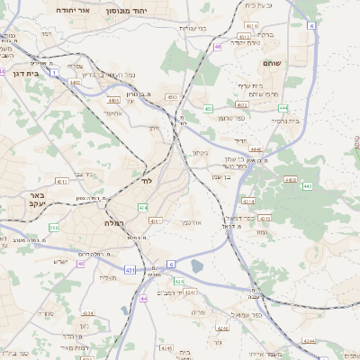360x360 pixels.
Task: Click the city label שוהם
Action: point(272,63)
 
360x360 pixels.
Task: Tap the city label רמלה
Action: point(106,220)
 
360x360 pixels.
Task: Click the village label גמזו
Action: point(261,232)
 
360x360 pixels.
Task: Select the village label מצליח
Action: point(108,278)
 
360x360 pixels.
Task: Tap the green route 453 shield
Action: point(208,109)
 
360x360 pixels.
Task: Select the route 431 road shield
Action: point(130,269)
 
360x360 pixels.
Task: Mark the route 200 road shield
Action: point(54,228)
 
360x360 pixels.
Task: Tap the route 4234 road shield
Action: point(309,341)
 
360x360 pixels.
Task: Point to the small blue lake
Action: point(197,265)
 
